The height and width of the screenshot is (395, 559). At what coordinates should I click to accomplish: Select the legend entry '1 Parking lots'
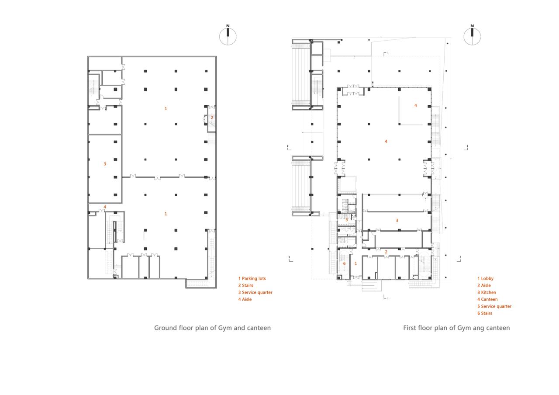(x=252, y=278)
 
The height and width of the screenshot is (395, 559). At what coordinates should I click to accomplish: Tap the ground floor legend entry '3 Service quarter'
(x=255, y=292)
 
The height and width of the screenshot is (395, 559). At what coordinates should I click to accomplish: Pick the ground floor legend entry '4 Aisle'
(x=245, y=299)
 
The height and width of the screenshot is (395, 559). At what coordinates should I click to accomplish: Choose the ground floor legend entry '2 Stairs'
(x=245, y=285)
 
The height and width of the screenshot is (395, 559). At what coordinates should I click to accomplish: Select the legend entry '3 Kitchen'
(x=487, y=292)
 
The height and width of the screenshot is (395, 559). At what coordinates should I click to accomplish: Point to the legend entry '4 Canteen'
(x=487, y=299)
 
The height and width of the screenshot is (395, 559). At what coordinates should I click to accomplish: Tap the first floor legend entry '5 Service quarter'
(x=494, y=306)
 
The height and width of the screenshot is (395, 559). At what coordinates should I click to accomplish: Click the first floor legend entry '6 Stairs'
(x=485, y=313)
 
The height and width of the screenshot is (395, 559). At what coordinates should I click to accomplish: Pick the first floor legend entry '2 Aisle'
(x=484, y=285)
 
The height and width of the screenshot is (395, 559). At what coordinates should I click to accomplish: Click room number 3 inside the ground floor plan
(x=105, y=164)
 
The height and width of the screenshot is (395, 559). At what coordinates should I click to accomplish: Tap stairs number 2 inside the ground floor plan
(x=212, y=118)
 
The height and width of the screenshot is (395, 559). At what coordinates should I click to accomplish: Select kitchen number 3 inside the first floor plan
(x=397, y=221)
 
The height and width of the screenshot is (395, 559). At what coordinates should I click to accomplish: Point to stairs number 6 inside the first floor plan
(x=344, y=263)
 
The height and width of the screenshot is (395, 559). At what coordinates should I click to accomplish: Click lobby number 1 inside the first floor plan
(x=356, y=263)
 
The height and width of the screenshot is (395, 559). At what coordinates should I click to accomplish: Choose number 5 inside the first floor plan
(x=347, y=220)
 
